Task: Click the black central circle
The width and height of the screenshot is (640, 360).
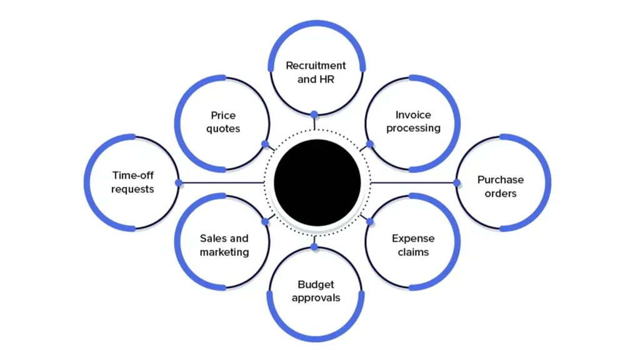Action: pos(317,182)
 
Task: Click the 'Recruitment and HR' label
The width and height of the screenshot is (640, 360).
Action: pos(316,72)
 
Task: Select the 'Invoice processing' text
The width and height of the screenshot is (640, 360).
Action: pos(413,121)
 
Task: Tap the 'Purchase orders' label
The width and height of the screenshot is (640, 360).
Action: pos(501,186)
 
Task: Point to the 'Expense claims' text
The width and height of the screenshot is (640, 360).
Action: pos(413,245)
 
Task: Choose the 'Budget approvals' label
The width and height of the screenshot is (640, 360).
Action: pos(316,291)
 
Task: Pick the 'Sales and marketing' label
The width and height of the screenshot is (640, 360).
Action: pos(224,245)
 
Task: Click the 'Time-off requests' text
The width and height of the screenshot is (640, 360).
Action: pos(132,182)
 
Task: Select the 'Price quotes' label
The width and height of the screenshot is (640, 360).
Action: pos(223,122)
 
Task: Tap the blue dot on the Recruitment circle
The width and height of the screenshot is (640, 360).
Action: pos(314,114)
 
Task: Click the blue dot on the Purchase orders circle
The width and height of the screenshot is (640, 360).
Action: pos(457,182)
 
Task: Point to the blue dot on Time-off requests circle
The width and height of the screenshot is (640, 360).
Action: pos(179,182)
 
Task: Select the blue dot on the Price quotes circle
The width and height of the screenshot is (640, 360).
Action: pos(265,144)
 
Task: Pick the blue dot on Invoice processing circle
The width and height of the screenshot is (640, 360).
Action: pos(370,144)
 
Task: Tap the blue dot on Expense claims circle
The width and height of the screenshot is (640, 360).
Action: pos(370,221)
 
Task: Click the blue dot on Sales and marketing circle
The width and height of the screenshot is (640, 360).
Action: pos(265,221)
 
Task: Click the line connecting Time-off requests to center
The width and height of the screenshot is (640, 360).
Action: pos(222,182)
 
